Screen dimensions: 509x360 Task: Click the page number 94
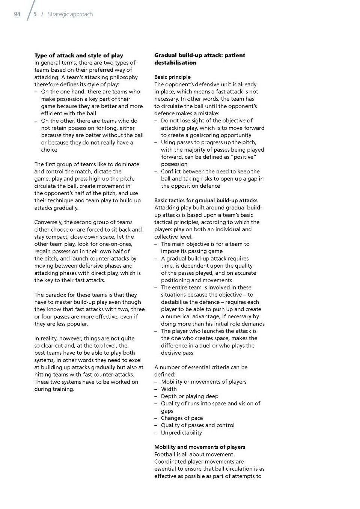(17, 14)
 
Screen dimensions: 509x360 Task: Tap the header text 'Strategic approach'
(70, 14)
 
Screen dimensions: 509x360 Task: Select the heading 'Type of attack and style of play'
(79, 55)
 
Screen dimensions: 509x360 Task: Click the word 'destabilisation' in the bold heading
(175, 63)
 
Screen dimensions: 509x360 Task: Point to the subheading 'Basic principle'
(172, 77)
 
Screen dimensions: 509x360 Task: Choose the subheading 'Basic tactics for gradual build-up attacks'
(206, 200)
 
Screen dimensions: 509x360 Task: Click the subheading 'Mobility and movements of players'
(200, 447)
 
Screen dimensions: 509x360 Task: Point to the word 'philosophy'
(122, 77)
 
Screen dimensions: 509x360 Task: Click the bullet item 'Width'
(169, 389)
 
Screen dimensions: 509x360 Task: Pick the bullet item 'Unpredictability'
(181, 432)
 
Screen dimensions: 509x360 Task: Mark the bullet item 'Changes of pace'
(182, 418)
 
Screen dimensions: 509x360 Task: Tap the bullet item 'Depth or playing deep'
(190, 396)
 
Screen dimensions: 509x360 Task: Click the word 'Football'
(165, 454)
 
